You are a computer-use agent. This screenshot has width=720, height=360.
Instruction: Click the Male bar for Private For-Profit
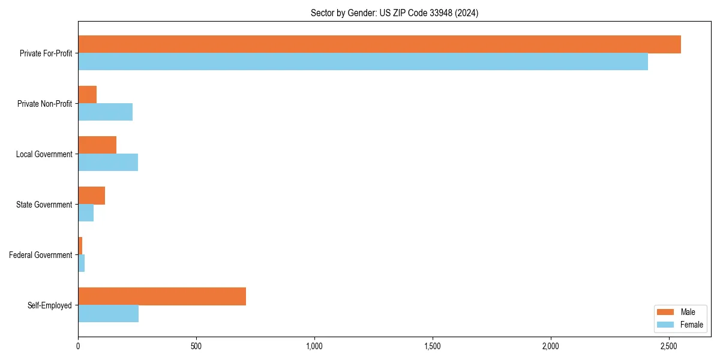click(x=379, y=44)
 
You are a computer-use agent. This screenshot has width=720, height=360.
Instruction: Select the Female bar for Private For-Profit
click(x=363, y=62)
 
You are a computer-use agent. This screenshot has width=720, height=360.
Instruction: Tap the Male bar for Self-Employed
click(x=162, y=296)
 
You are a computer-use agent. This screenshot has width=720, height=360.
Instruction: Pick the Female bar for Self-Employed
click(x=108, y=314)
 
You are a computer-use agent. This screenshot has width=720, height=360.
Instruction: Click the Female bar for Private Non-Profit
click(x=105, y=112)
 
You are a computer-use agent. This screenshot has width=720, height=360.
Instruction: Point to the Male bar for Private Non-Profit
click(x=87, y=95)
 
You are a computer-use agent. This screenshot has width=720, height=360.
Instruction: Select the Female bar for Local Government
click(x=108, y=163)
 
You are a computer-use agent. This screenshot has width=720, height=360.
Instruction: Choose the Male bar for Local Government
click(x=97, y=145)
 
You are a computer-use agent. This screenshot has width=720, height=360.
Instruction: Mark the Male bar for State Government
click(x=91, y=196)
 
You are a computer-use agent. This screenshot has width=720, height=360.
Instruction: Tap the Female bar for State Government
click(x=86, y=213)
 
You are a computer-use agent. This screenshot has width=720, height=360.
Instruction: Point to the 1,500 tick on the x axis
click(x=433, y=346)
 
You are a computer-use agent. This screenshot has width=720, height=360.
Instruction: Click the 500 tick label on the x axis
click(x=196, y=346)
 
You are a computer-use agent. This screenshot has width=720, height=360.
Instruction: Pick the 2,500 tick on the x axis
click(x=669, y=346)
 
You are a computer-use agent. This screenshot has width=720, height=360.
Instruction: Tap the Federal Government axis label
click(x=40, y=255)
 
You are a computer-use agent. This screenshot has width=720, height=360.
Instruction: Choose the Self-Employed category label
click(x=49, y=305)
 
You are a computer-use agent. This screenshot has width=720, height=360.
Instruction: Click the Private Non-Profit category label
click(x=44, y=104)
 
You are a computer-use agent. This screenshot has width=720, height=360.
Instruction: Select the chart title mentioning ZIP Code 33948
click(x=394, y=13)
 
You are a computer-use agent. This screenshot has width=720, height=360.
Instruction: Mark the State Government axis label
click(x=44, y=205)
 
